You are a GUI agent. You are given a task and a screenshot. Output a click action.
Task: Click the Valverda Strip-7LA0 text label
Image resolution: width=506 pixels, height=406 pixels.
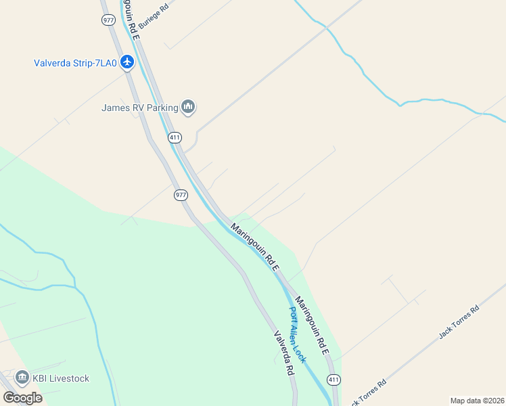tap(75, 64)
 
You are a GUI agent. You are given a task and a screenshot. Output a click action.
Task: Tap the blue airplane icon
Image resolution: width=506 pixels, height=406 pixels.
tap(128, 63)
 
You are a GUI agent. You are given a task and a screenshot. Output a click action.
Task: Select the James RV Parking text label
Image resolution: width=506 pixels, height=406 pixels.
tap(139, 107)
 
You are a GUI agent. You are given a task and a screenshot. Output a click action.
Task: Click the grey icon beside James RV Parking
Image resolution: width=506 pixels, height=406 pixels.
tap(188, 106)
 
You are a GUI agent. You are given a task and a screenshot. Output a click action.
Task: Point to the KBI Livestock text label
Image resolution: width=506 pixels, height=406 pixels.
tap(61, 378)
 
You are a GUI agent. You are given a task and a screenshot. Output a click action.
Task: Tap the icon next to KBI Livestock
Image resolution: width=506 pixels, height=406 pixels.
tap(22, 378)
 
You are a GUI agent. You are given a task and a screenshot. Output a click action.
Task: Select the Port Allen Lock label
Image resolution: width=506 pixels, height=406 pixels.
tap(298, 334)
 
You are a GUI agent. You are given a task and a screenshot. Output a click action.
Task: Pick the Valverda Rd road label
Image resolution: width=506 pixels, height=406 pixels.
tap(283, 353)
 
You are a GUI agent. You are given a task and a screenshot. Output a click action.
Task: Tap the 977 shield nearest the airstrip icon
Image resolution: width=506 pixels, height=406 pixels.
tap(109, 20)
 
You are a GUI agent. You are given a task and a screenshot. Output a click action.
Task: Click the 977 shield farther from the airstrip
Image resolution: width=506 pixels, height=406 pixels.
tap(180, 195)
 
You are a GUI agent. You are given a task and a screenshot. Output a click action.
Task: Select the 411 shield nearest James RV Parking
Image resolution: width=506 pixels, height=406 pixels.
tap(175, 137)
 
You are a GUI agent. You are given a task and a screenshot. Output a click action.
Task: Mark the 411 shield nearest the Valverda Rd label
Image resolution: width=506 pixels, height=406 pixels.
tap(333, 380)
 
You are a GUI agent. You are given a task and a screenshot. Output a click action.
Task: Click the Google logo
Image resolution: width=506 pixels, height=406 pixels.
tap(22, 397)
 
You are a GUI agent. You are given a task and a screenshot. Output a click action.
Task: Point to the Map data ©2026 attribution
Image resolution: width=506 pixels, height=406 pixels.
tap(478, 401)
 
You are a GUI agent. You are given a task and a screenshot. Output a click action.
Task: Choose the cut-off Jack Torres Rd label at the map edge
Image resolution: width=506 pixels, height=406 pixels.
tap(369, 392)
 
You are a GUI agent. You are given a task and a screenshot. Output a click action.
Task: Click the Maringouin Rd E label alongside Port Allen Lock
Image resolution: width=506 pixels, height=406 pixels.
tap(313, 329)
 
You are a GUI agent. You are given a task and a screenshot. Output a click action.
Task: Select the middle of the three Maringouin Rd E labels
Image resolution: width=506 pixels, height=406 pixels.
tap(255, 248)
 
